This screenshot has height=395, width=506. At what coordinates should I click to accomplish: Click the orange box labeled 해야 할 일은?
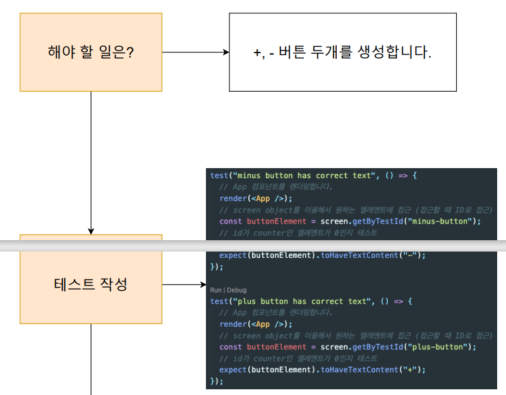(x=91, y=52)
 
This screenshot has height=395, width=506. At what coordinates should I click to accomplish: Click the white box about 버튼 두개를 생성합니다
(x=342, y=52)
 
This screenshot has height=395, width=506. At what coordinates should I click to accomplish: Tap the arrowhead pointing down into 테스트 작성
(x=91, y=231)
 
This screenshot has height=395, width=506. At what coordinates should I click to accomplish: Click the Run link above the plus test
(x=215, y=290)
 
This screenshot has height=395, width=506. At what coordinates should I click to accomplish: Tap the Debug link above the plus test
(x=237, y=290)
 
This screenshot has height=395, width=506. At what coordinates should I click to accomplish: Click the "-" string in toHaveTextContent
(x=411, y=255)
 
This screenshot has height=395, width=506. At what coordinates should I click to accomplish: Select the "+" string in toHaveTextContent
(x=411, y=370)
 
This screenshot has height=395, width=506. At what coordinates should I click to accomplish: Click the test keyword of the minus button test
(x=219, y=175)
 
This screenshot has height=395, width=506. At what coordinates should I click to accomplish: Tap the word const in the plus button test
(x=231, y=347)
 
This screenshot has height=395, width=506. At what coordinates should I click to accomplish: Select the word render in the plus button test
(x=232, y=324)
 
